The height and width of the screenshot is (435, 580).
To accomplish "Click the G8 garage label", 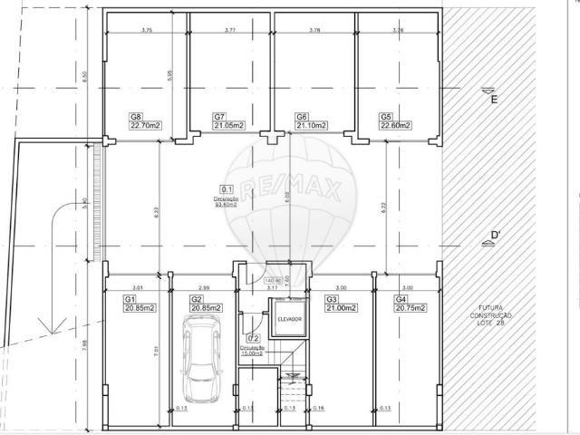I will tap(136, 117).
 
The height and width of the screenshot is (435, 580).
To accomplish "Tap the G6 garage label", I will tap(302, 117).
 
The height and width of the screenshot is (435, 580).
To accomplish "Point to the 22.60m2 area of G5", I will tap(396, 125).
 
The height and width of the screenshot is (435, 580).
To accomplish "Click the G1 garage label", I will tap(130, 299).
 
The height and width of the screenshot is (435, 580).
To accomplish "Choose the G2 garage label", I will tap(196, 299).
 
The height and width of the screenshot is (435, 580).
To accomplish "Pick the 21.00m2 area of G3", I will tap(342, 307).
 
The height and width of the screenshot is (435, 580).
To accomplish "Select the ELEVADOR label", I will tap(289, 320).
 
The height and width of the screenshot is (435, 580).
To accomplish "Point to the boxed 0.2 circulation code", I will tap(253, 339).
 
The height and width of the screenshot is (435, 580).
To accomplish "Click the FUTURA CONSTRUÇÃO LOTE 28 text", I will tap(490, 314).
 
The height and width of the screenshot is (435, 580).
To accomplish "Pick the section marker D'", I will tap(495, 237).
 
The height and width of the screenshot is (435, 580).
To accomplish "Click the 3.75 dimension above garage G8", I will tap(147, 31).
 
